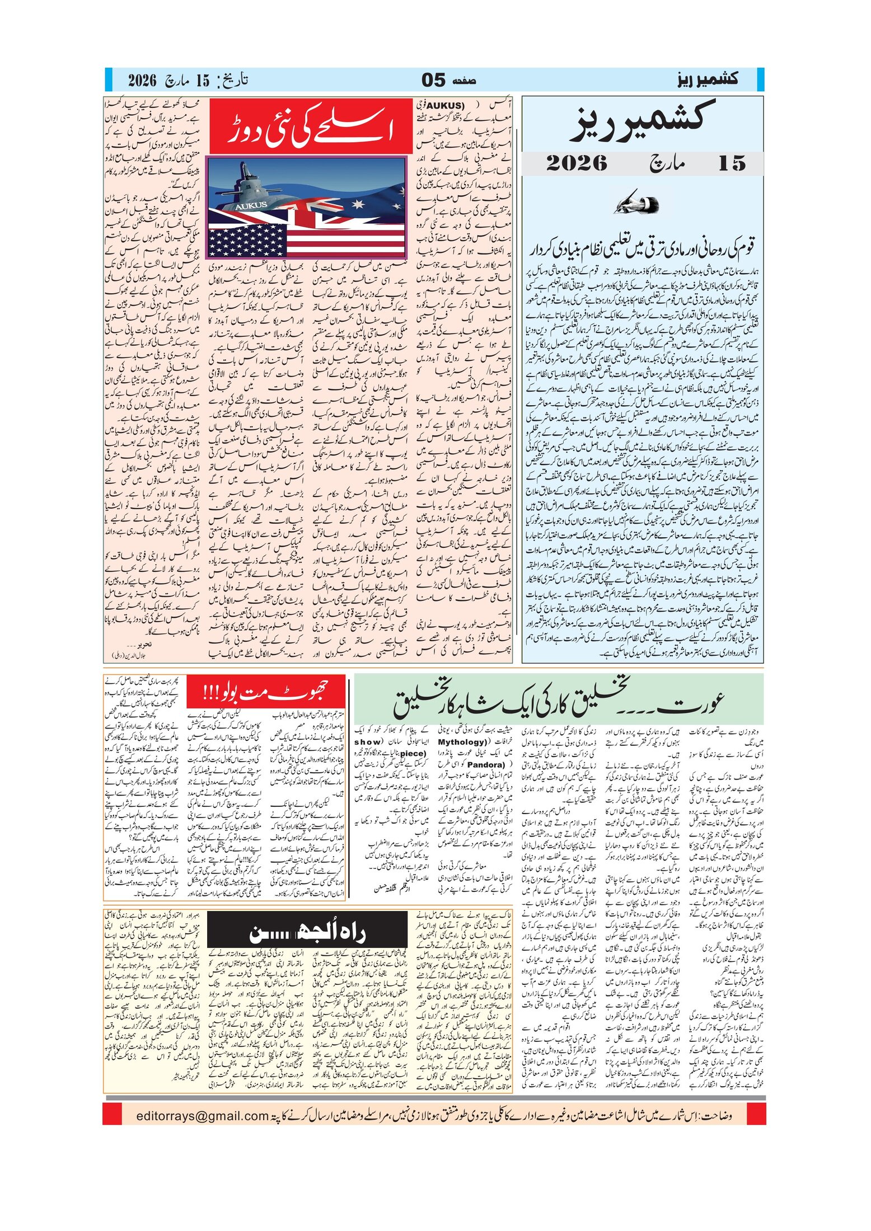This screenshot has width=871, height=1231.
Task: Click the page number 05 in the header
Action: click(x=434, y=80)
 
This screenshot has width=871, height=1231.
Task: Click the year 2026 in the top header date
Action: click(x=142, y=80)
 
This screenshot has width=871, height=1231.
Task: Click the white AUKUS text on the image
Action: click(x=251, y=205)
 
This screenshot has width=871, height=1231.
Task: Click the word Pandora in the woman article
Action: click(x=486, y=764)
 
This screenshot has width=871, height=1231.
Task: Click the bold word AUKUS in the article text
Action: click(x=446, y=105)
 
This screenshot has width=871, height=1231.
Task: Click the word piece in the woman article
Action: click(x=413, y=753)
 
